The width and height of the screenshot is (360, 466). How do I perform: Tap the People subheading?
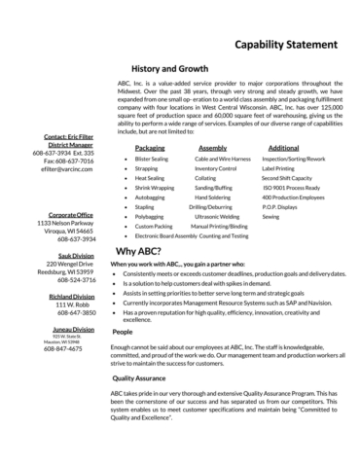pyautogui.click(x=123, y=332)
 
